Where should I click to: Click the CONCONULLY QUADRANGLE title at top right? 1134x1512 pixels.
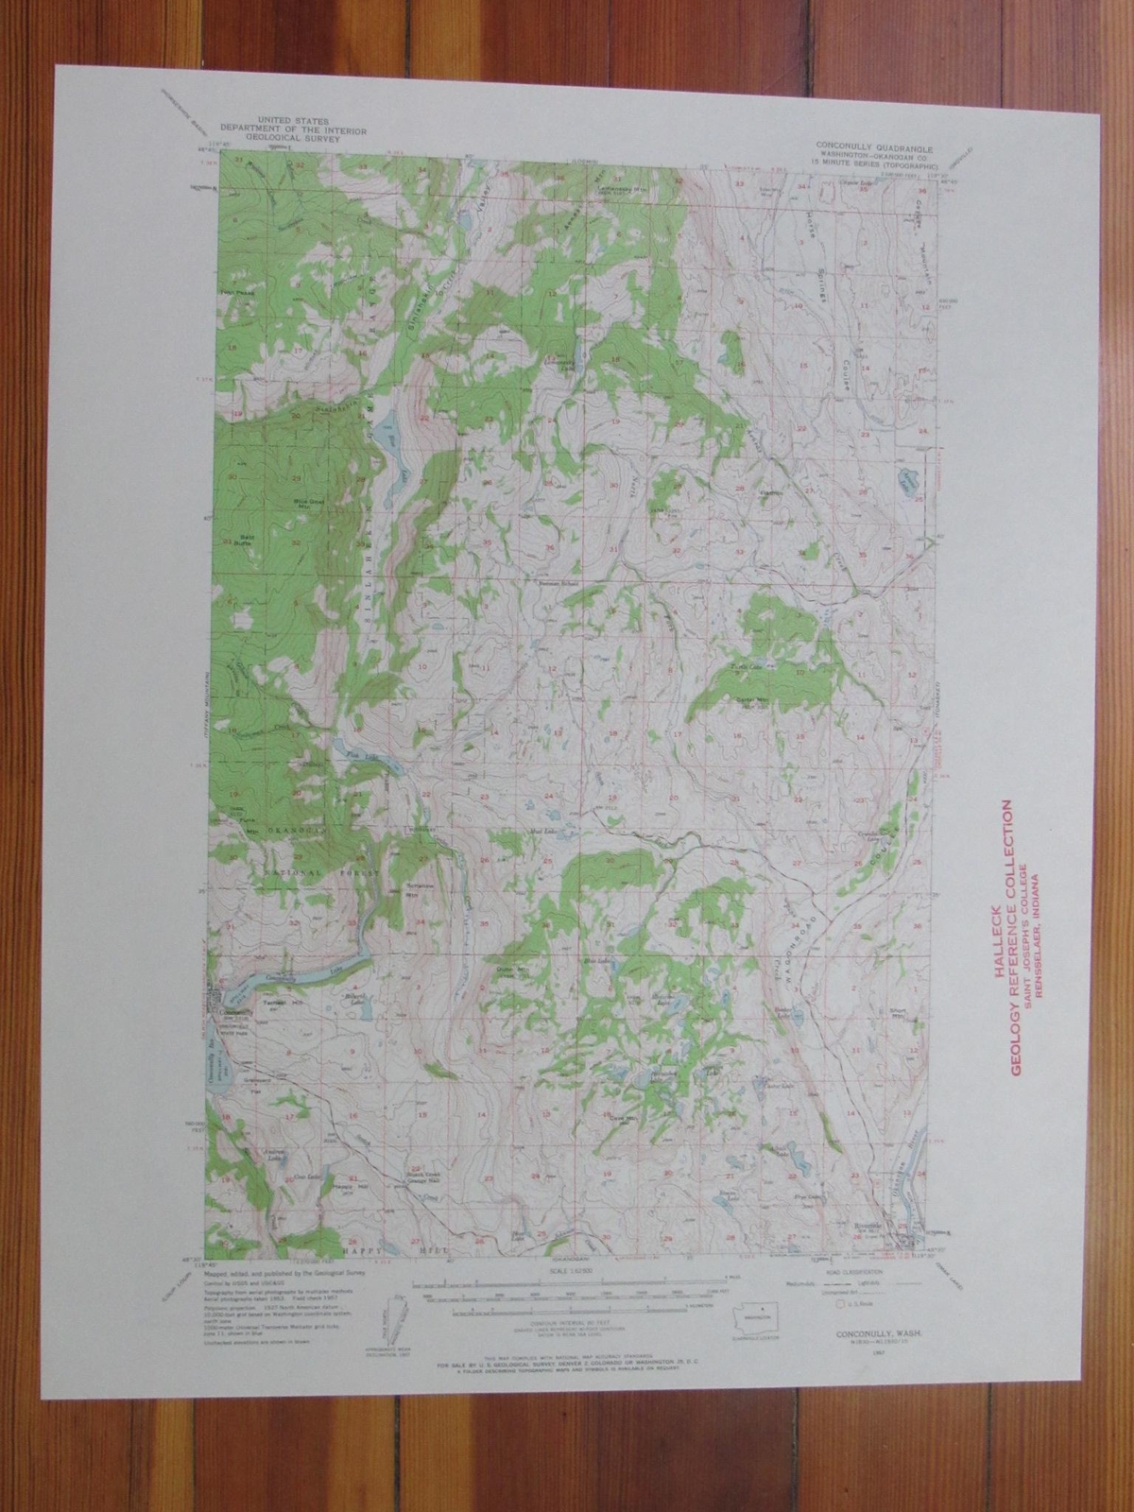point(875,148)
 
